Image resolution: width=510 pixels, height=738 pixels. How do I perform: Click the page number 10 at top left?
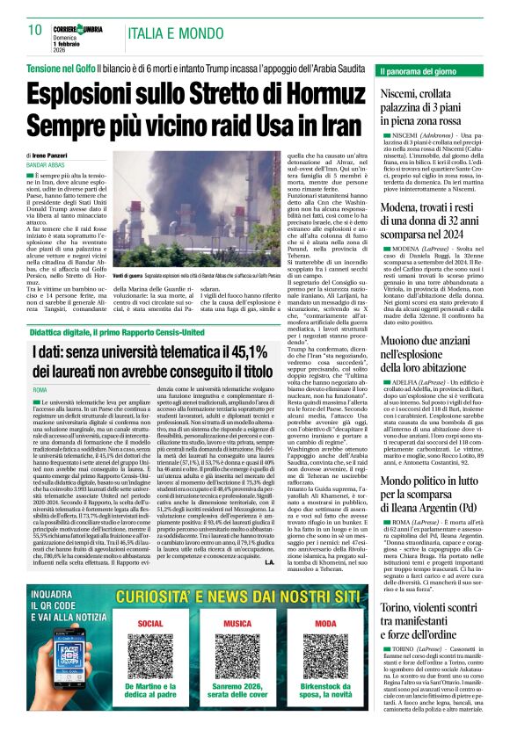35,31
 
